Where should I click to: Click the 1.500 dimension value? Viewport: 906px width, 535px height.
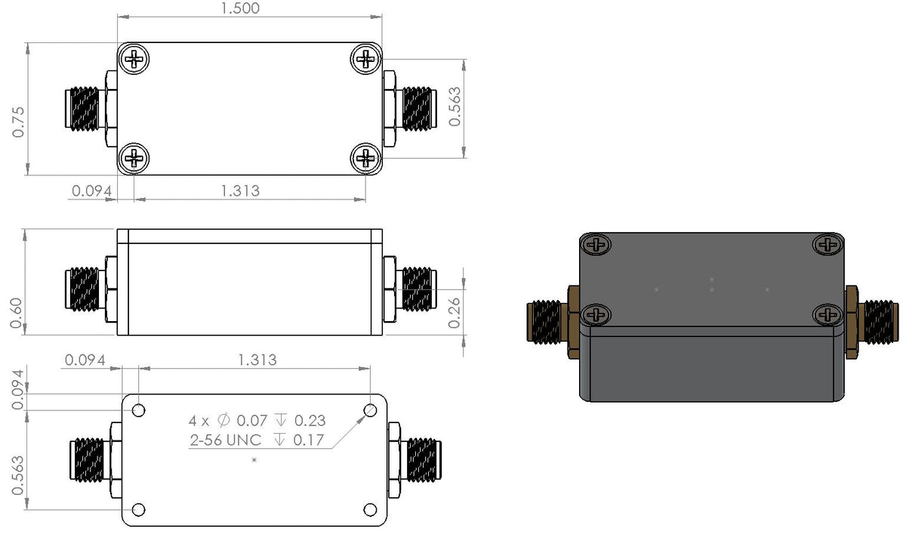[240, 9]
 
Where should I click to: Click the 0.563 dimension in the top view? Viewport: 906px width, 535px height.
[455, 107]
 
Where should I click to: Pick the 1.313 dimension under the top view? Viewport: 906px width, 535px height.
[240, 190]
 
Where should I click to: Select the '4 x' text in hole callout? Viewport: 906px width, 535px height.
[200, 420]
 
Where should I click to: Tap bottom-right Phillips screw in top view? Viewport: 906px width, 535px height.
[365, 157]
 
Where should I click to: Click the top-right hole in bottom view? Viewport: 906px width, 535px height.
[370, 410]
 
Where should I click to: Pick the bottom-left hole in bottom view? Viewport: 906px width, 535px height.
[138, 509]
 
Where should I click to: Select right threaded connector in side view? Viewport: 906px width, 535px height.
[416, 290]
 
